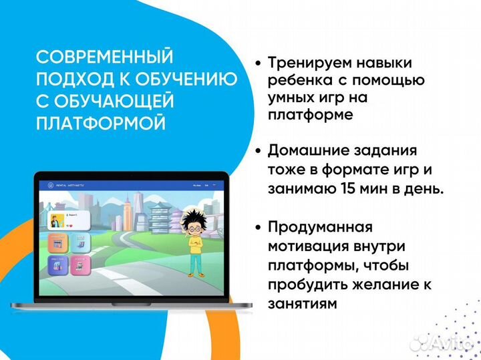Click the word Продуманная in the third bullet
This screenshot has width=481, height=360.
point(320,227)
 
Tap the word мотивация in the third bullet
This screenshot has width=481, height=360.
point(308,246)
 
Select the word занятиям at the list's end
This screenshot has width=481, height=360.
point(299,304)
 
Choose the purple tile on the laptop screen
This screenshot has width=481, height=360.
point(57,266)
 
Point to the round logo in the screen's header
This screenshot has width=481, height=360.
point(49,184)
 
